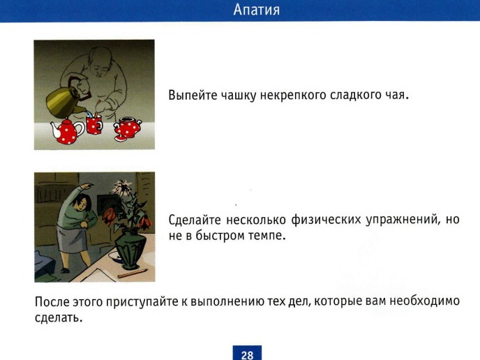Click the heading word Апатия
[x=257, y=10]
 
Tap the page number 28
[x=247, y=355]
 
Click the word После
[x=52, y=302]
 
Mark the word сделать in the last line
[x=59, y=317]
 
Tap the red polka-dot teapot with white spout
[x=67, y=132]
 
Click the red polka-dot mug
[x=94, y=125]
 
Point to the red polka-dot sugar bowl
[x=127, y=128]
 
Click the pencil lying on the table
[x=133, y=273]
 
